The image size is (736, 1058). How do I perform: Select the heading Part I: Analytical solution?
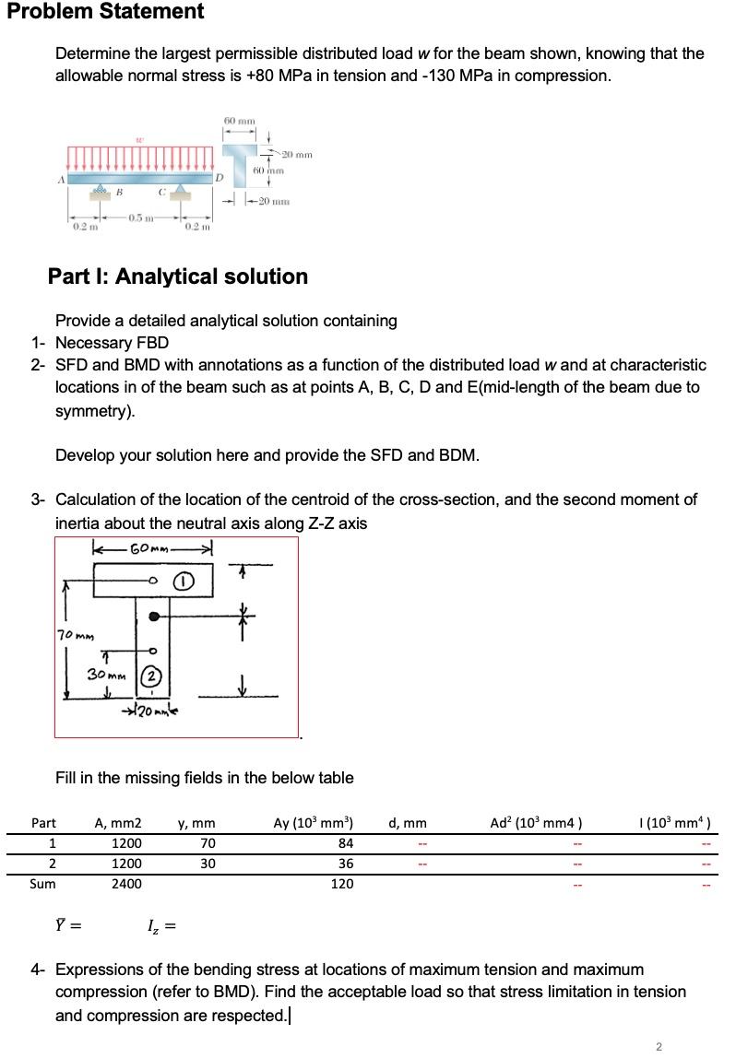coord(178,276)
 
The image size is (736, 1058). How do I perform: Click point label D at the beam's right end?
coord(219,175)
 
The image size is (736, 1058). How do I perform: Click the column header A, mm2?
coord(119,823)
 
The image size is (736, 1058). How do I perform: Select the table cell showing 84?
coord(343,843)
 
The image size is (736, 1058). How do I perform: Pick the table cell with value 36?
coord(343,864)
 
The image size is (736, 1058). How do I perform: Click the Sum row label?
coord(42,884)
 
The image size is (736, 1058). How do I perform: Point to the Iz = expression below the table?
coord(161,925)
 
